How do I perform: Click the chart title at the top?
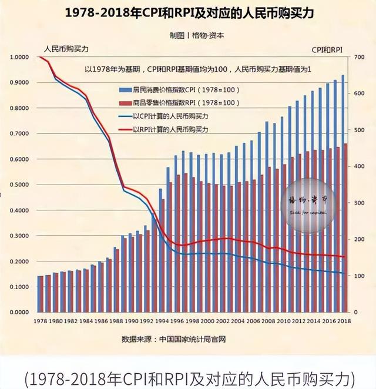(188, 13)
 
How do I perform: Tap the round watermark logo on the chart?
(310, 203)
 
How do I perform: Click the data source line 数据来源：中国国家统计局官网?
(174, 339)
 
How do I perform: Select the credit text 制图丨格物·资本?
(188, 35)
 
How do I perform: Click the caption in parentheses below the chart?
(188, 375)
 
